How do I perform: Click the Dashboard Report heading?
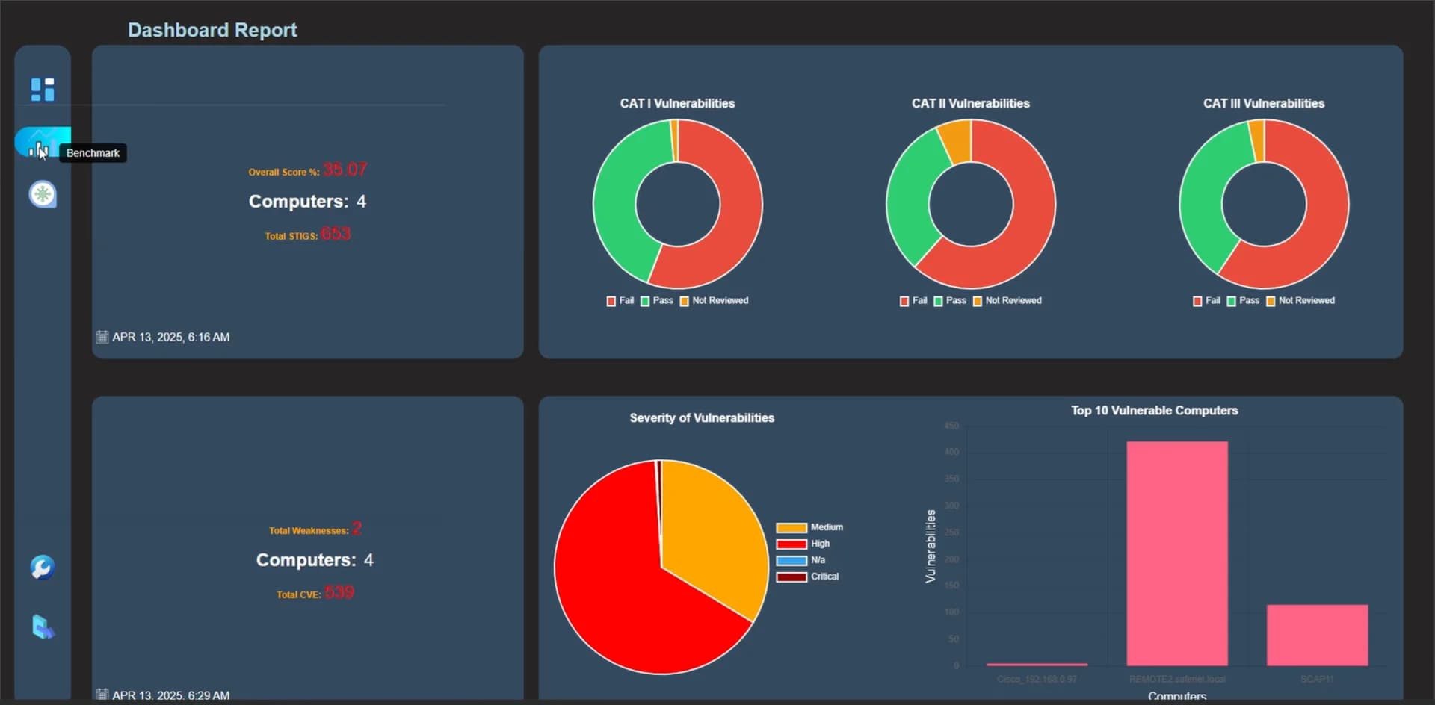coord(212,30)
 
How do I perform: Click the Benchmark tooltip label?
coord(93,153)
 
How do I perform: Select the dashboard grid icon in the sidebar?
coord(43,89)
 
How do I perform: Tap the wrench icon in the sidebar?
coord(43,568)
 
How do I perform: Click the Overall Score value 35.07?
coord(345,170)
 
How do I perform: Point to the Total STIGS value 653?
coord(336,234)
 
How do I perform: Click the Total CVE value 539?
coord(339,593)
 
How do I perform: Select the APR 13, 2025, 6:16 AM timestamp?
coord(170,337)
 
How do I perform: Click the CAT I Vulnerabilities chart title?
coord(677,103)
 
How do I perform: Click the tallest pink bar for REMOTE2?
coord(1177,553)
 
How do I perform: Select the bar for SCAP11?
coord(1317,635)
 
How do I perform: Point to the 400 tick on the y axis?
coord(951,452)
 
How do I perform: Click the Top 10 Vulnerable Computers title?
coord(1154,411)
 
